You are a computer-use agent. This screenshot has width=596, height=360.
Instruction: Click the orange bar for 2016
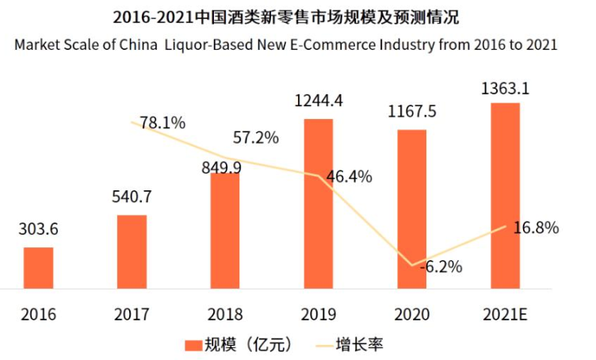point(38,268)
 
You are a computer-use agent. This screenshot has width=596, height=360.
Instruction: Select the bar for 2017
point(132,251)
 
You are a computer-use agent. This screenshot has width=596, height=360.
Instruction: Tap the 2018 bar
point(225,230)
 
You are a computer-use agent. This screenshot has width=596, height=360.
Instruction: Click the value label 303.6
point(38,230)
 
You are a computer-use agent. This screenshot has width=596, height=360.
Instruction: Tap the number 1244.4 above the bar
point(318,101)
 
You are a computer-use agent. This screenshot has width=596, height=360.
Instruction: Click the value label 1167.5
point(411,112)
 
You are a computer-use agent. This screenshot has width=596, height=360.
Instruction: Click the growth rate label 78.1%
point(162,123)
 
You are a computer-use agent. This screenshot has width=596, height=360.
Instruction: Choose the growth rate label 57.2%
point(255,138)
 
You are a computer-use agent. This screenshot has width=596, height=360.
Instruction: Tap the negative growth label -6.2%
point(438,266)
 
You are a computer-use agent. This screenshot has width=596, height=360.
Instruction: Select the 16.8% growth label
point(536,228)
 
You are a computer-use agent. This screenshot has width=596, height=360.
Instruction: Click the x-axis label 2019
point(318,314)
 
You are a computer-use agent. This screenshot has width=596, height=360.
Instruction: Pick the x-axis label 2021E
point(505,314)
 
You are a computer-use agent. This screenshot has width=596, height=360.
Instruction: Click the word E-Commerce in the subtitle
point(346,44)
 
